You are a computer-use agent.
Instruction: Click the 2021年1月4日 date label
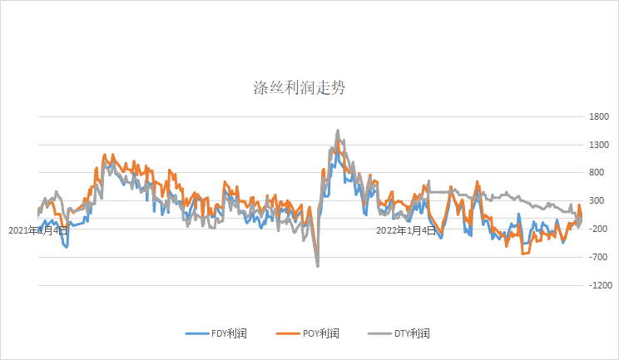point(38,230)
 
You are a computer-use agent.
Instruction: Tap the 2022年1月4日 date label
point(406,230)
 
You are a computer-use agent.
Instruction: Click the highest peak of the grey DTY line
point(338,131)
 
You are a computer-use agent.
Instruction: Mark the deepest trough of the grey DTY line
point(318,266)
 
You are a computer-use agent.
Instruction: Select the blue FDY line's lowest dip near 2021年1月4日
point(67,247)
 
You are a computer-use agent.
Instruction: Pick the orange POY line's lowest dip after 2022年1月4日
point(523,253)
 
